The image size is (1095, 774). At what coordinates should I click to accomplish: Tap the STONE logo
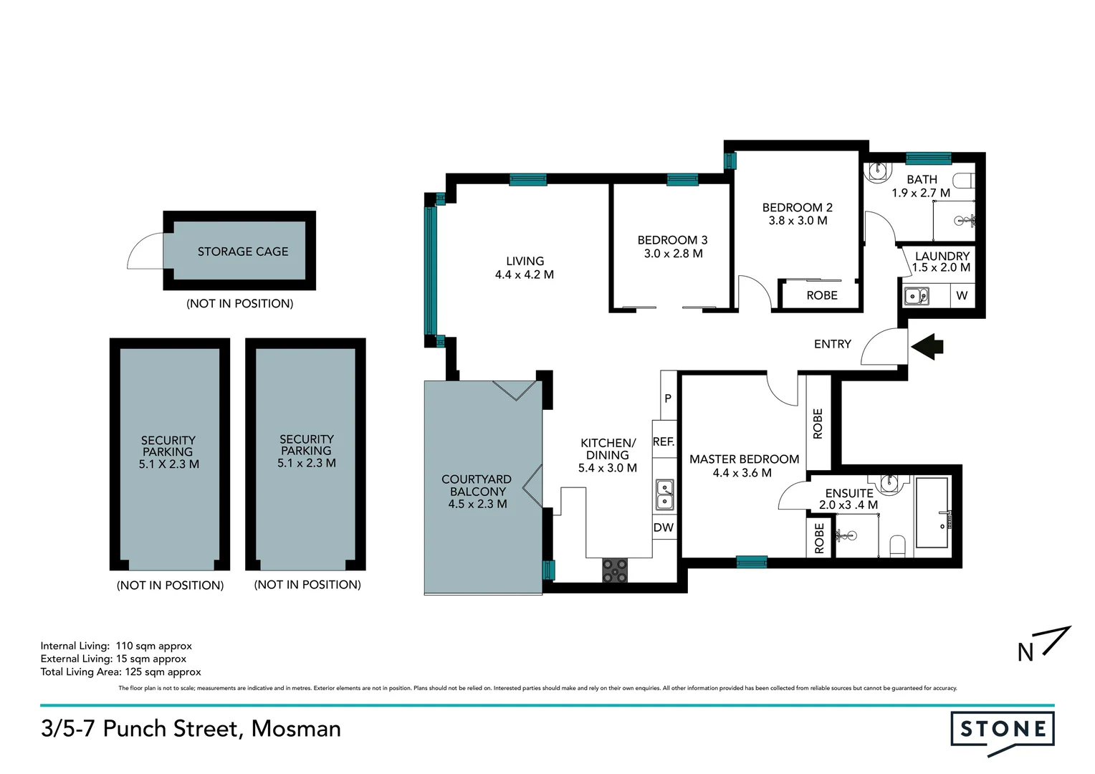tap(1003, 730)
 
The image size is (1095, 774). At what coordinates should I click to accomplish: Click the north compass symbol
tap(1043, 644)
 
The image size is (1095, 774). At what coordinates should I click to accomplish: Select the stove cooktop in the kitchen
tap(615, 570)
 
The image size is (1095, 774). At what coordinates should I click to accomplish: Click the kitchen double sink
tap(664, 494)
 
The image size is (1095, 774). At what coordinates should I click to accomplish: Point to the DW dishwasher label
tap(664, 527)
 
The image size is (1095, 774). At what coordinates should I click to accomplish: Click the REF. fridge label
tap(664, 441)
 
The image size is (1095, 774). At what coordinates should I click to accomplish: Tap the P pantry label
tap(668, 398)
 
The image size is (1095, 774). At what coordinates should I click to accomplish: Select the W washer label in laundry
tap(962, 295)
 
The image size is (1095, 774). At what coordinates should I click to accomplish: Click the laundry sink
tap(916, 295)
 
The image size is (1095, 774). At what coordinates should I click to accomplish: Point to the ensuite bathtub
tap(932, 513)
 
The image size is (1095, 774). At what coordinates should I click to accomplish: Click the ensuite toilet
tap(897, 545)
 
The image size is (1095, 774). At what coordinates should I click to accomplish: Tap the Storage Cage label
tap(243, 252)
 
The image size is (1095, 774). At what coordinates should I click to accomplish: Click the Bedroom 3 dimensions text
tap(673, 254)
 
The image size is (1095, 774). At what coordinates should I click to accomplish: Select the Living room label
tap(525, 261)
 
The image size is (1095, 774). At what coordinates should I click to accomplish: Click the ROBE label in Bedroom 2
tap(822, 295)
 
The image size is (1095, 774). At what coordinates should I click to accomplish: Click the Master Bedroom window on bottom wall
tap(752, 563)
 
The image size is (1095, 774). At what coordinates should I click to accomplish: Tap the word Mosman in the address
tap(296, 728)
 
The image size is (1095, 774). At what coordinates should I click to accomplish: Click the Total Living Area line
tap(120, 672)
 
